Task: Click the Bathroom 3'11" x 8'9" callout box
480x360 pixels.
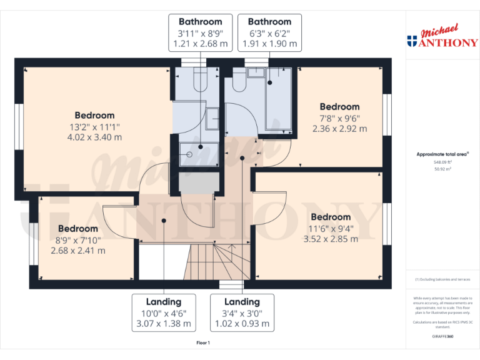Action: (x=201, y=33)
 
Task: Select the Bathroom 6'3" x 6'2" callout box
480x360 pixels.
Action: (x=269, y=33)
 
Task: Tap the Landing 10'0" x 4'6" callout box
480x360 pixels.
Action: (x=164, y=313)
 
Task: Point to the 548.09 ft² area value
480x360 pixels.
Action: (x=442, y=162)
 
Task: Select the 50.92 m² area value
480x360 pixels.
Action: (x=442, y=169)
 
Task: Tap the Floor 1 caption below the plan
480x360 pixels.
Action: (x=203, y=342)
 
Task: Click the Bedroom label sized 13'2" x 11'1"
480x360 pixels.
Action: (x=94, y=126)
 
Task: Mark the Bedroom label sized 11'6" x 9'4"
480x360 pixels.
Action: (x=331, y=227)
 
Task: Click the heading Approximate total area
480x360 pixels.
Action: (x=442, y=154)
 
